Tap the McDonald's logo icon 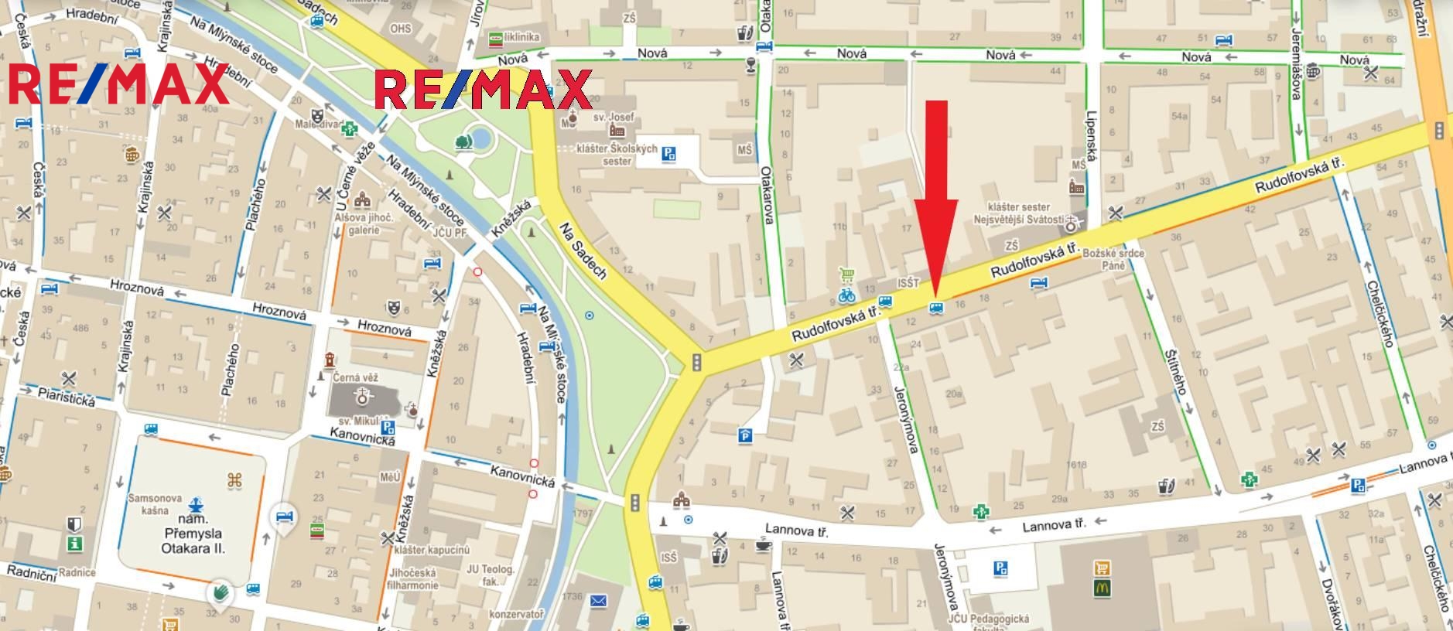click(x=1103, y=588)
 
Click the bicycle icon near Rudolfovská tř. click(x=846, y=295)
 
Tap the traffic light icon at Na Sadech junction click(x=696, y=362)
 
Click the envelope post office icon click(x=598, y=600)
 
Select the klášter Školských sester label click(x=617, y=155)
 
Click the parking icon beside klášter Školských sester click(x=668, y=155)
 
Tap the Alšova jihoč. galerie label click(x=364, y=224)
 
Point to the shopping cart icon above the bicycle click(x=846, y=275)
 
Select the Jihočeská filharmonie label click(x=413, y=578)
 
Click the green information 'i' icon click(x=74, y=544)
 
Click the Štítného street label click(x=1175, y=372)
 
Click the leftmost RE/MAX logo click(x=118, y=84)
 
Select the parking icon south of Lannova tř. click(x=1000, y=569)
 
